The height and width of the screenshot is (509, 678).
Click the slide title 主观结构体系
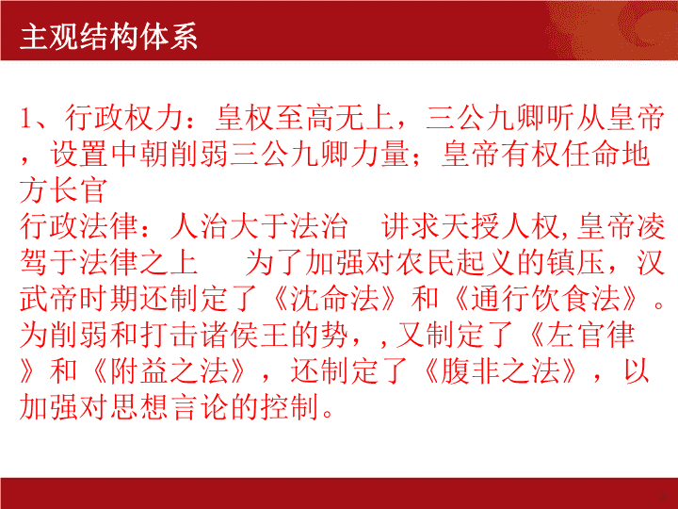108,37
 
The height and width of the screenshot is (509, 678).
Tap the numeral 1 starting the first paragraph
26,118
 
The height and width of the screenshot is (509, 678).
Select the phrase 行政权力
124,118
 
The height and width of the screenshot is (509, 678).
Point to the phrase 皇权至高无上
304,118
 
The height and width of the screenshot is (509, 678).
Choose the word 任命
590,154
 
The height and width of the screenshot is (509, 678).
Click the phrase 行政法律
79,226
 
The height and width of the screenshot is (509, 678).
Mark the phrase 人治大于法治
259,226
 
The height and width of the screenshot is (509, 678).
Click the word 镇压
575,263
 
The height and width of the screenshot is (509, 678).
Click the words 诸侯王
245,335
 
